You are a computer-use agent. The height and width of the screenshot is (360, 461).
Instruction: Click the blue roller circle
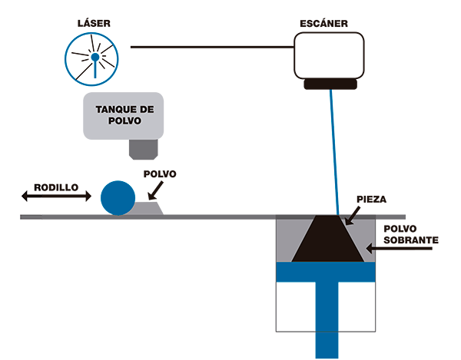point(117,197)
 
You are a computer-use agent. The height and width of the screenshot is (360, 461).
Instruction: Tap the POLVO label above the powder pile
point(161,174)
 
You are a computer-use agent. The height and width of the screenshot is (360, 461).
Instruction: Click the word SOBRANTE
point(410,240)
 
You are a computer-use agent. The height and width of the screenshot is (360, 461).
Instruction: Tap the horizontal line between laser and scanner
point(207,47)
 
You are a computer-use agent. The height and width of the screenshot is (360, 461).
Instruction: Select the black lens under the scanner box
point(330,84)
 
